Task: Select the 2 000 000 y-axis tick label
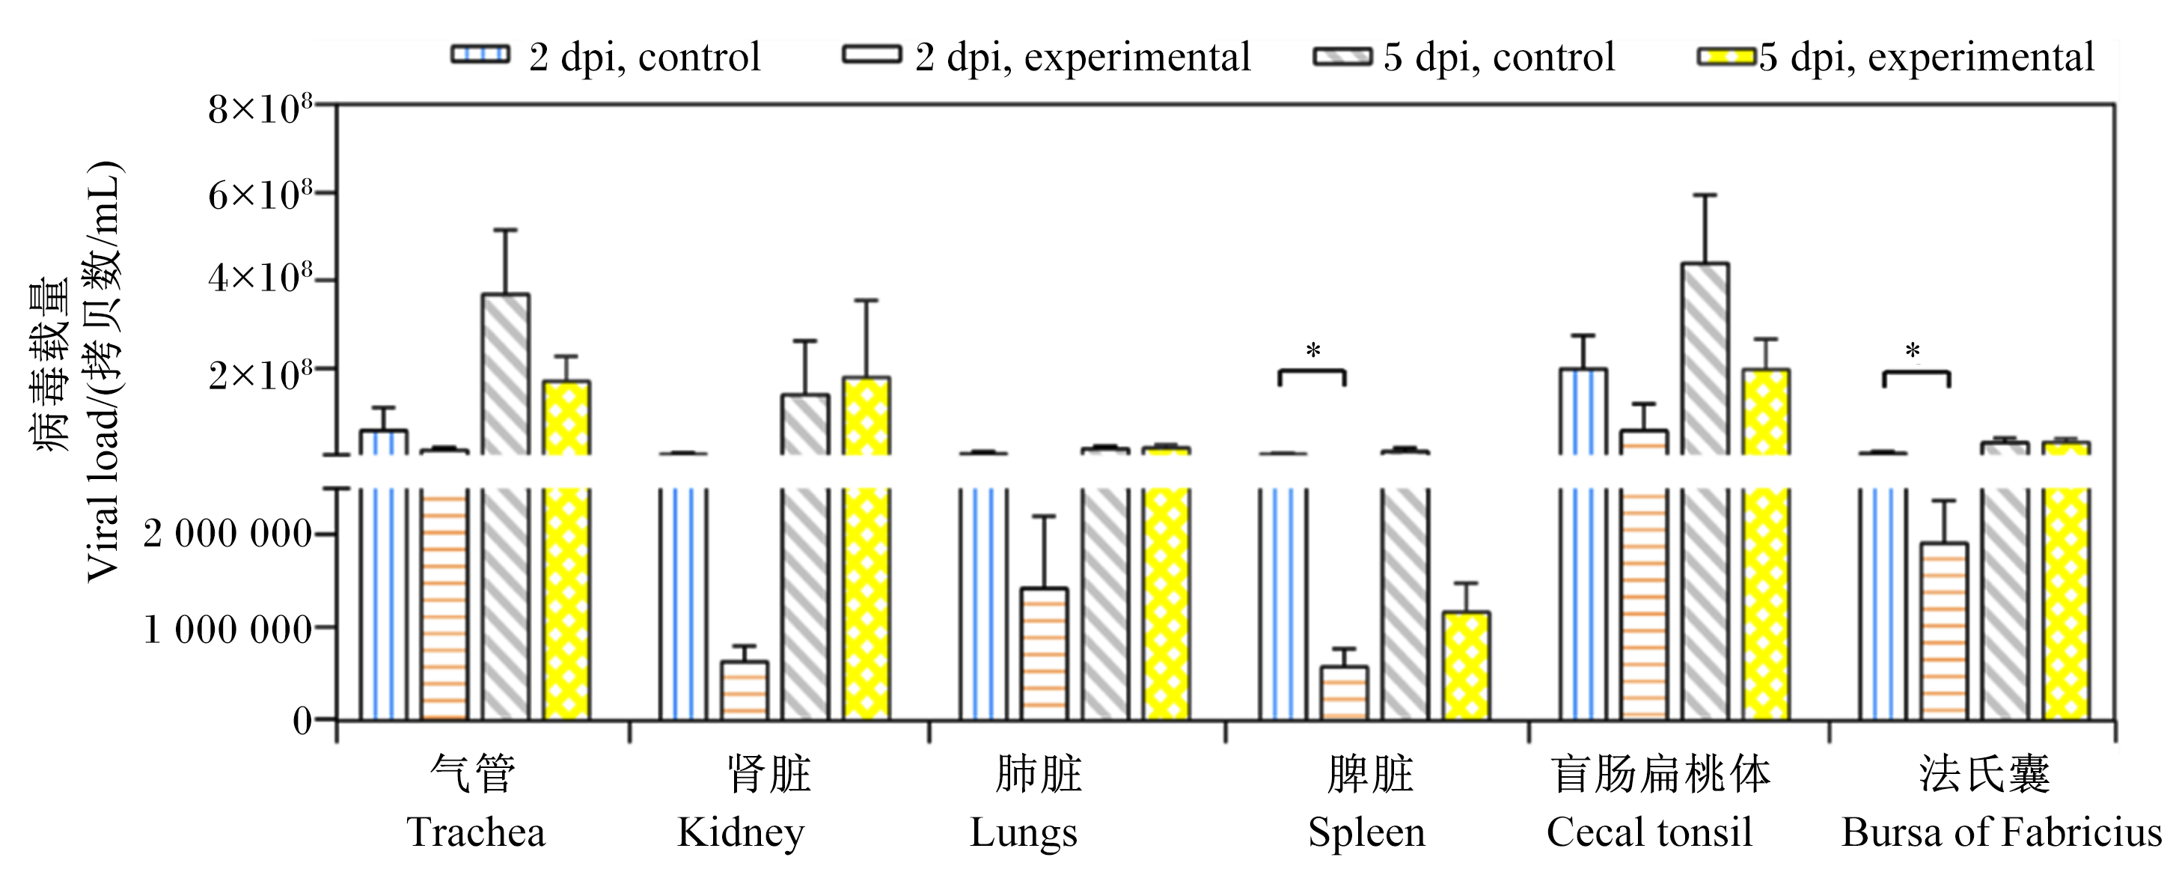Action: pos(227,534)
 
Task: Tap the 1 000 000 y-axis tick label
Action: pos(227,630)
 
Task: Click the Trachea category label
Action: pos(476,832)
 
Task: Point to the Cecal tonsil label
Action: pos(1650,832)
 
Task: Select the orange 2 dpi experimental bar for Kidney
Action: pos(744,690)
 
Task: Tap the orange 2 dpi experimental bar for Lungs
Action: pos(1045,653)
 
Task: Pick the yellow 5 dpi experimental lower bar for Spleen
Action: pos(1466,665)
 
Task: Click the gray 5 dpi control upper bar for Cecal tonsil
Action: pos(1705,359)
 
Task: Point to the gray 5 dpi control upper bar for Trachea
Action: pos(505,374)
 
